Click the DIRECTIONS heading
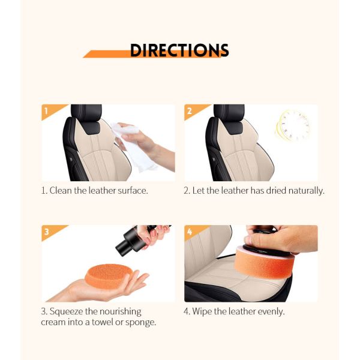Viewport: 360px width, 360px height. click(x=179, y=50)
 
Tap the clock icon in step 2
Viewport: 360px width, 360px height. click(x=292, y=125)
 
